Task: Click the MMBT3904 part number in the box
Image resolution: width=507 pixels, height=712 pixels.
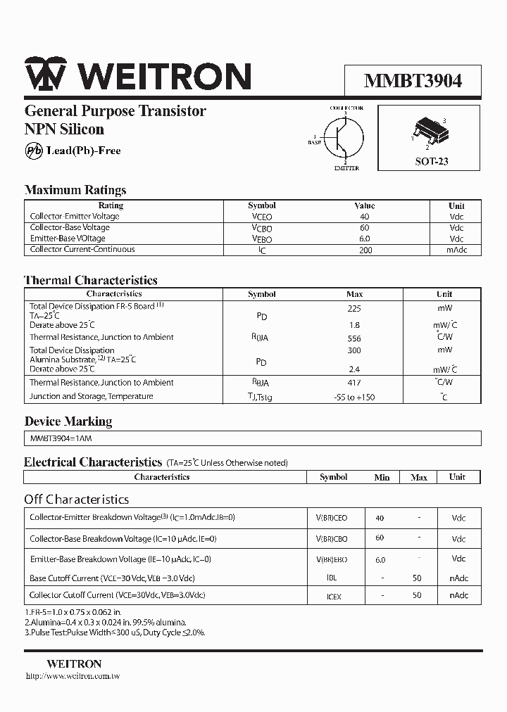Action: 413,81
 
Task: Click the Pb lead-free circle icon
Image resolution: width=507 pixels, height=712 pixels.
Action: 33,151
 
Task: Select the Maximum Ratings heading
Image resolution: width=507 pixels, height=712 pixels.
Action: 75,190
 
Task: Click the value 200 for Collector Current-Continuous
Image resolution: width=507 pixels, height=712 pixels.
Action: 365,250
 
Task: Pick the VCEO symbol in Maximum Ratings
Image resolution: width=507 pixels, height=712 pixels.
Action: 261,217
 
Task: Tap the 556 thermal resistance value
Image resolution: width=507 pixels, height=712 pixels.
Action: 354,338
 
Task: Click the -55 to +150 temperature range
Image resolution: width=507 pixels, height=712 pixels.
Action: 354,397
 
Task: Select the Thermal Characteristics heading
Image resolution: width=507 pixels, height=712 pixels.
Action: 91,280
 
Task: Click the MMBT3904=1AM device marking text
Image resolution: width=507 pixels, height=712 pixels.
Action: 61,438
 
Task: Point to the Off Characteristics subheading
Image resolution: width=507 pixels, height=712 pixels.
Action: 76,500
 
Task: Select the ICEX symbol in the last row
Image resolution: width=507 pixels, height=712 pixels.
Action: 333,596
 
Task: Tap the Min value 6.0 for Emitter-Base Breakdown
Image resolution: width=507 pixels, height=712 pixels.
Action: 381,560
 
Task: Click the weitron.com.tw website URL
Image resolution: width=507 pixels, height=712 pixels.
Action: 73,676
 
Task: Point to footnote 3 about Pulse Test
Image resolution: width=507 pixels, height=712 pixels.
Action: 115,632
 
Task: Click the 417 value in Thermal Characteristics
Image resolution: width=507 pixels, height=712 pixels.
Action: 354,383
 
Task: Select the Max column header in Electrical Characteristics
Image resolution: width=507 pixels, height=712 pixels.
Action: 419,478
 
